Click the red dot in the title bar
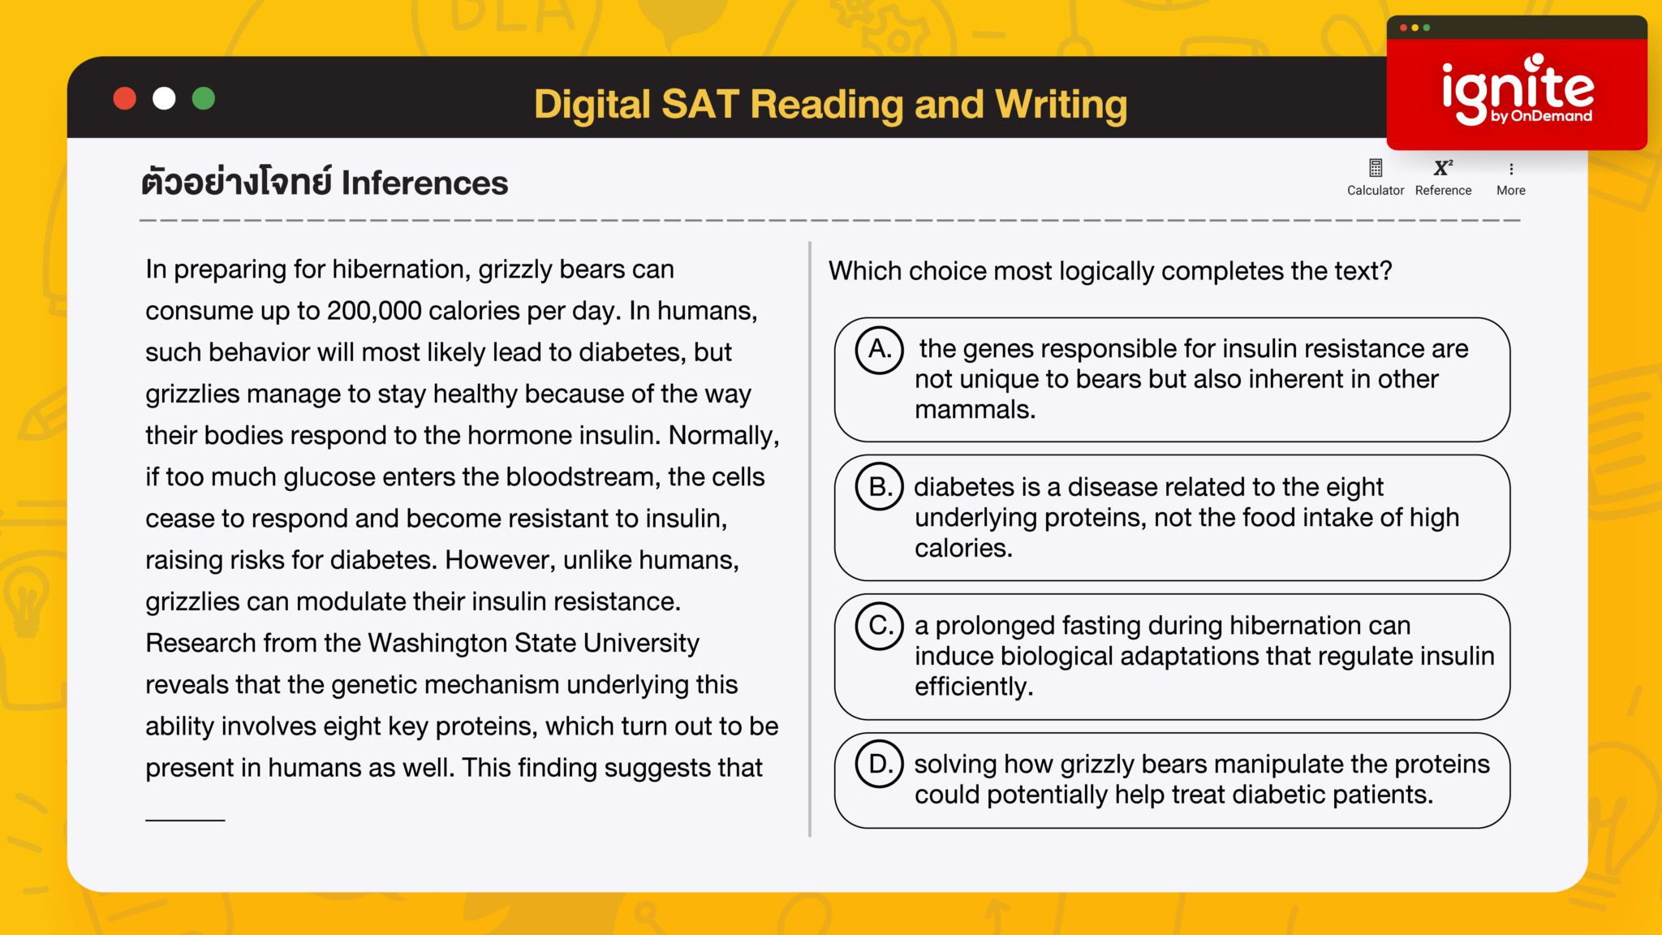coord(124,99)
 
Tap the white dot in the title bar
coord(164,99)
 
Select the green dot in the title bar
coord(204,99)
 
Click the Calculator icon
coord(1376,168)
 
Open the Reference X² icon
coord(1443,168)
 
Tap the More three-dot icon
coord(1511,169)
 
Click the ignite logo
coord(1517,91)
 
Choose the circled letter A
coord(879,350)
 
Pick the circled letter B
coord(879,487)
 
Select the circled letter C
coord(879,626)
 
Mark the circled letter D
coord(879,764)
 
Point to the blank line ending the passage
coord(185,819)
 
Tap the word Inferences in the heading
coord(424,183)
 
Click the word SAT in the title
coord(697,105)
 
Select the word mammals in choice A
coord(974,410)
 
